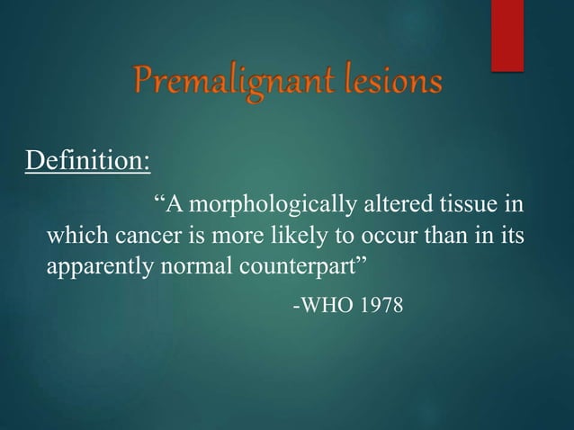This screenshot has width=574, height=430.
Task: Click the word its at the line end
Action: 511,237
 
